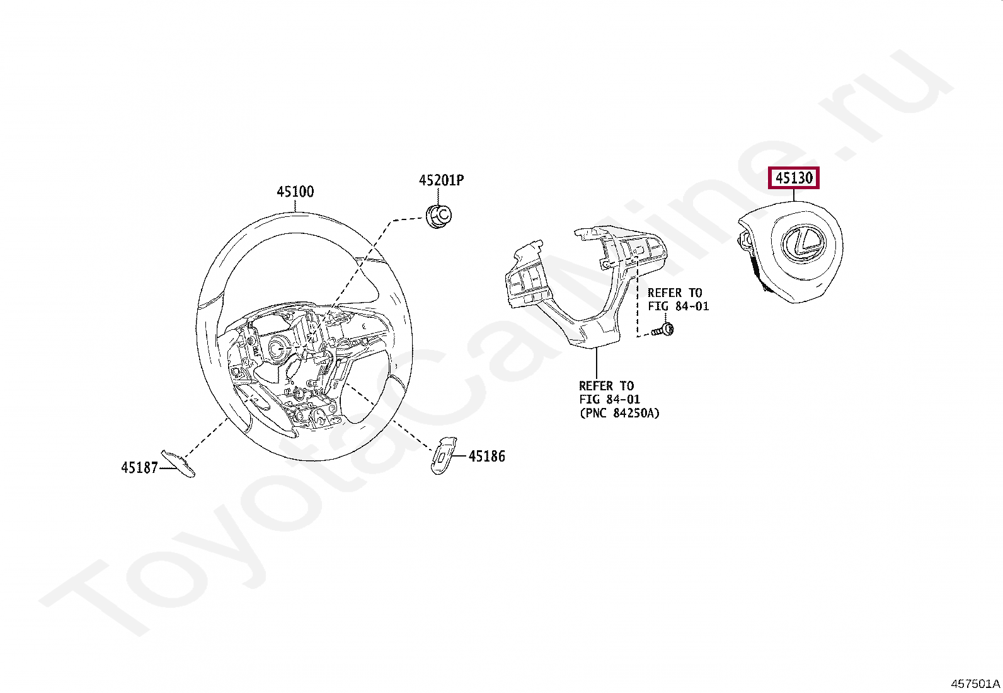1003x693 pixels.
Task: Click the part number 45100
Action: pos(295,192)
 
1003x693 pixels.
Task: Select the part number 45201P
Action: pos(441,180)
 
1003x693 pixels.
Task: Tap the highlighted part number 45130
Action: pos(794,178)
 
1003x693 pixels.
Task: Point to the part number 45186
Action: pos(487,457)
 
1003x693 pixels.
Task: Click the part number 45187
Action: pos(139,468)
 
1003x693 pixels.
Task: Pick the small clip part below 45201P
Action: pos(438,216)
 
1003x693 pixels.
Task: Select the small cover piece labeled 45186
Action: pos(444,455)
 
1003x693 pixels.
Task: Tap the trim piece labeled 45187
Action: pos(178,463)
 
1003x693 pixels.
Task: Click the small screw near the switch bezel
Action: pos(663,330)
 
